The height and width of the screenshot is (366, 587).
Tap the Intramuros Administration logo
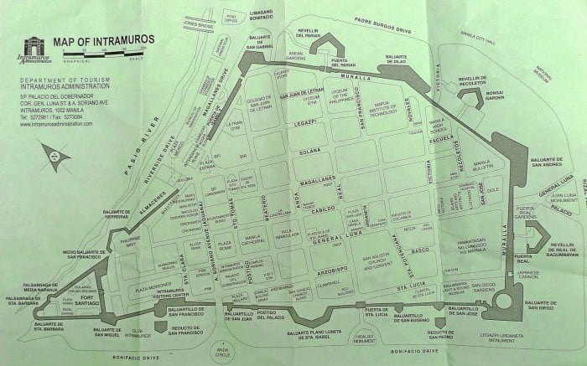pyautogui.click(x=31, y=50)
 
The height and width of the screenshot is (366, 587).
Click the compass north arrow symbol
pyautogui.click(x=58, y=156)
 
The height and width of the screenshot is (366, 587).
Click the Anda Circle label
pyautogui.click(x=221, y=352)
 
